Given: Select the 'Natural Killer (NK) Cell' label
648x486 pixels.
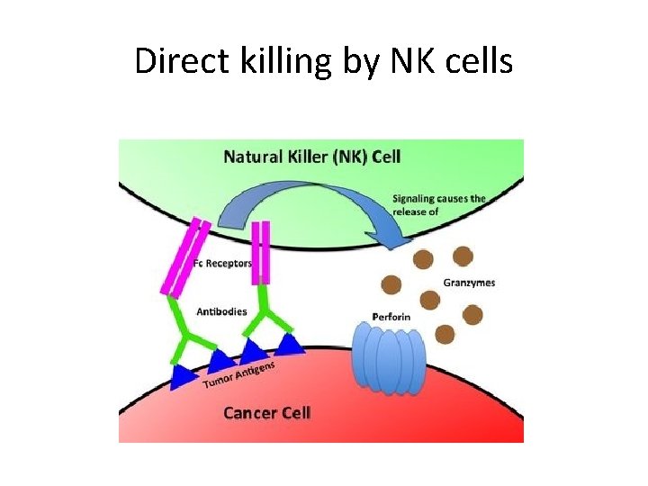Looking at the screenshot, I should pos(311,157).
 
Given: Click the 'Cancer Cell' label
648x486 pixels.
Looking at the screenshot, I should pos(266,412).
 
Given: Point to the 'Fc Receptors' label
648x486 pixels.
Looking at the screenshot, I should pos(222,264).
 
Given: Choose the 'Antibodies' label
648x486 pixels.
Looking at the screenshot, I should pos(220,311).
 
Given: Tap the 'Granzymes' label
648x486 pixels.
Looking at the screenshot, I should pos(469,283).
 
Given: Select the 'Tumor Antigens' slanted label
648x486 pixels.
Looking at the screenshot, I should pos(238,375).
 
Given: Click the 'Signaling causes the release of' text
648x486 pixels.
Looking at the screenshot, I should pos(438,204).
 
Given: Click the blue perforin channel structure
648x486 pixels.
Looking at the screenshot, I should pos(388,360).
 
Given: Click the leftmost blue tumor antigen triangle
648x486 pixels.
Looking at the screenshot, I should pos(184,376).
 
